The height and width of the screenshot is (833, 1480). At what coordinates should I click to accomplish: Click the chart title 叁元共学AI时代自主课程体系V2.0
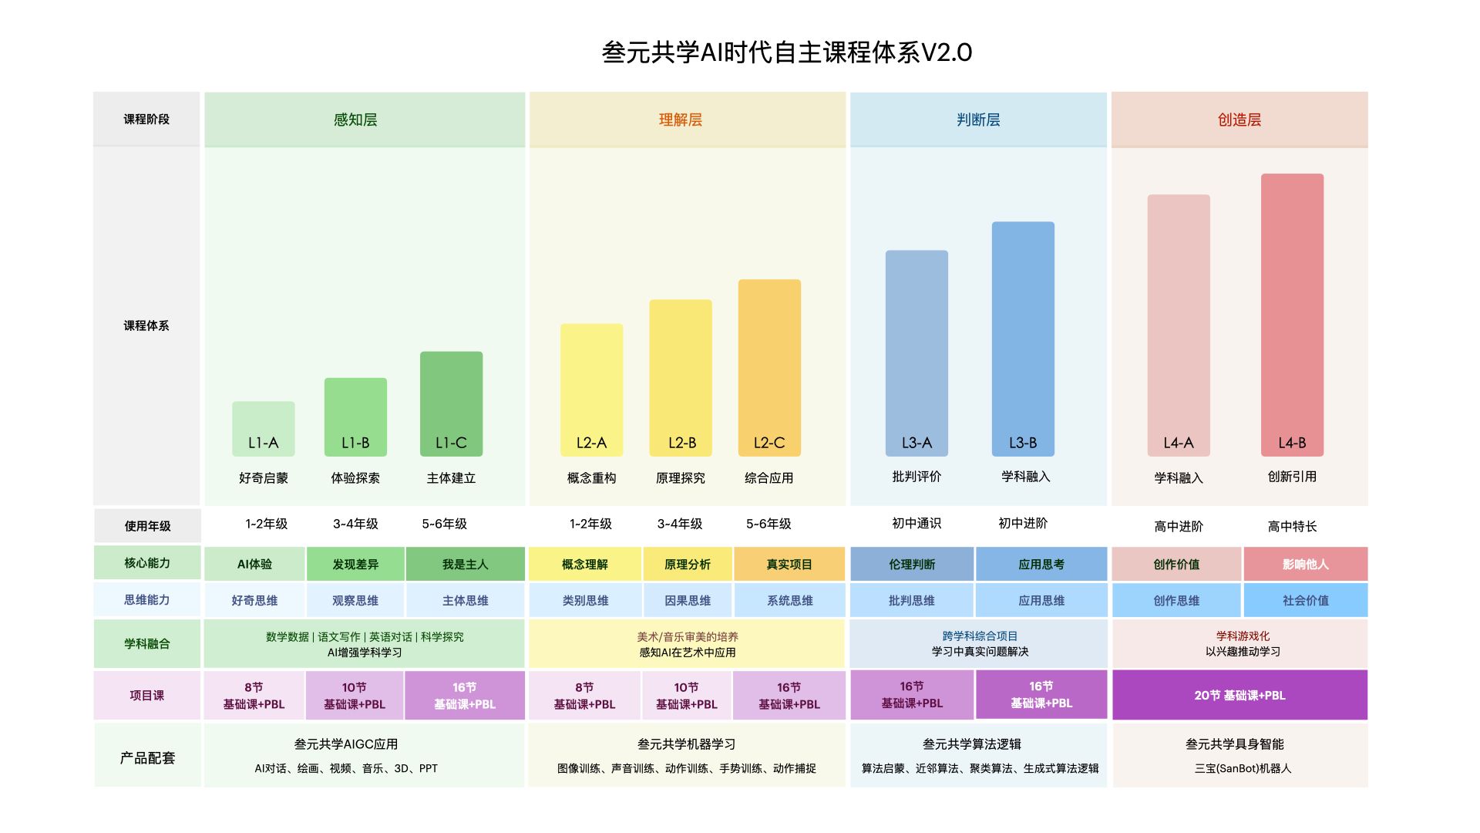[786, 52]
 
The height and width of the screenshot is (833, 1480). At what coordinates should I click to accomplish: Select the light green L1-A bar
[264, 428]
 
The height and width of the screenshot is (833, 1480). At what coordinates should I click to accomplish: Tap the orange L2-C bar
[769, 367]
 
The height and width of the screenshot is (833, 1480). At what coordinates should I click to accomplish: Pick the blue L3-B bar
[1023, 339]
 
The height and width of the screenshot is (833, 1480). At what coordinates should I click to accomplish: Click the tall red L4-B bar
[1292, 315]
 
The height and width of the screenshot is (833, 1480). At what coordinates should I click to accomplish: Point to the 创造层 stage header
[1239, 120]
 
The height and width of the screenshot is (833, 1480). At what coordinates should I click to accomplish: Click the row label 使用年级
[147, 526]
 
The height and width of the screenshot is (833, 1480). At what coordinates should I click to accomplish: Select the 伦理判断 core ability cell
[912, 564]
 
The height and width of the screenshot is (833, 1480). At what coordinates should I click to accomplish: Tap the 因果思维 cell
[688, 600]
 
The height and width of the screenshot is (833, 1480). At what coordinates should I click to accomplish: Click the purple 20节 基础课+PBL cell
[1239, 695]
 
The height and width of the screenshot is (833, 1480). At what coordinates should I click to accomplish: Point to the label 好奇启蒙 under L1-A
[264, 478]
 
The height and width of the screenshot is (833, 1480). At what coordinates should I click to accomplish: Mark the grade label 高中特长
[1292, 526]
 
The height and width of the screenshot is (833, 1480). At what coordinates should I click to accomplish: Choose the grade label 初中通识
[917, 523]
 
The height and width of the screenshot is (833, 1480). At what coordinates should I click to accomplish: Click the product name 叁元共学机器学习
[686, 744]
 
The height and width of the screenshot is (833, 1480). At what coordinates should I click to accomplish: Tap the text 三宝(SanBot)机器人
[1243, 768]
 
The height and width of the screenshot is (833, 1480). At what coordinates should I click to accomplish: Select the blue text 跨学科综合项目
[980, 636]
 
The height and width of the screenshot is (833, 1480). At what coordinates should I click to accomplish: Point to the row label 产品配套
[147, 757]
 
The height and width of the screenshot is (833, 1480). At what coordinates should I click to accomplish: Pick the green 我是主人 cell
[465, 564]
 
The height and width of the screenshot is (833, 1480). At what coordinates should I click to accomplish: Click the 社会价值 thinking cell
[1305, 600]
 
